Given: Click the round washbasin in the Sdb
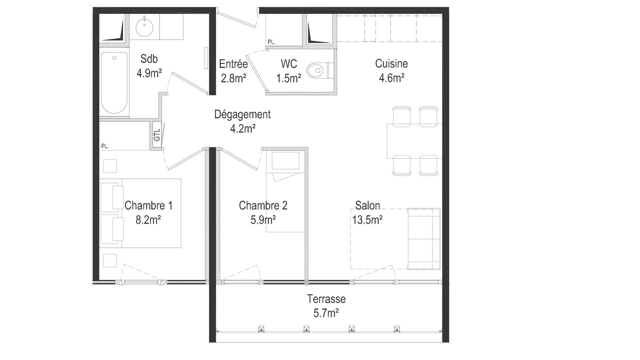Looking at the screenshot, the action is pos(144,27).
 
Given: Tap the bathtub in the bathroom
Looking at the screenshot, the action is pos(114,82).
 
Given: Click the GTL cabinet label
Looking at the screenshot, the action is pos(157,135).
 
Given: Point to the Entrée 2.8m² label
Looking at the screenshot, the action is pos(233,71).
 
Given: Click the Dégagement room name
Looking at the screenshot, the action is pos(242,114).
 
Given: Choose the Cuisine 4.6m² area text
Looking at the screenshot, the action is pos(391,70).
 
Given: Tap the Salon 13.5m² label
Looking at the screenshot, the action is pos(367,212).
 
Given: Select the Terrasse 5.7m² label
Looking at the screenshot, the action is pos(326,306).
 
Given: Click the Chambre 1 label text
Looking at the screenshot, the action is pos(148,205).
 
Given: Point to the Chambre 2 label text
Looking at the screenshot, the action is pos(263,205).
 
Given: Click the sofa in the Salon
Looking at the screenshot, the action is pos(423,239).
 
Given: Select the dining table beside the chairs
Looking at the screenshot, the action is pos(414,141).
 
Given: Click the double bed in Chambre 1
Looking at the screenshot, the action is pos(140,213).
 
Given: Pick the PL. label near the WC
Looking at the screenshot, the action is pos(271,42).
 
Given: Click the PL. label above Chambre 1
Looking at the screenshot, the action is pos(105,146).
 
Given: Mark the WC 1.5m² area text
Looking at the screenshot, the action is pos(289,71).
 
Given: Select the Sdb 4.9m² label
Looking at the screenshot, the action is pos(149,66).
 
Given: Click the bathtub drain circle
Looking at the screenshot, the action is pos(114,57).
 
